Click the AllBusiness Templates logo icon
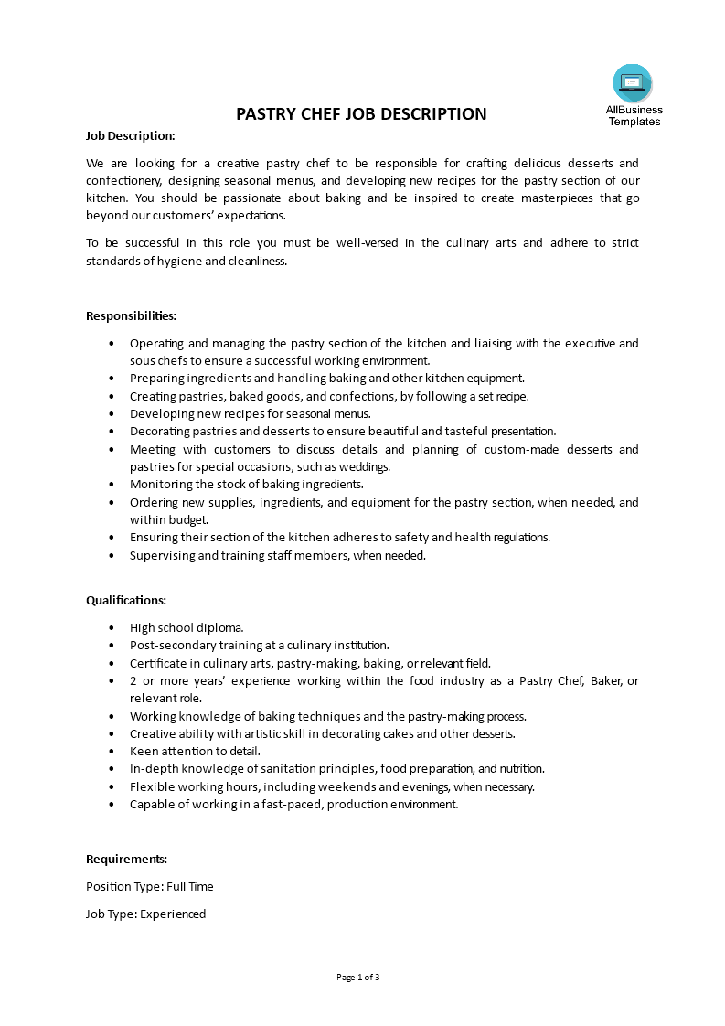tap(633, 83)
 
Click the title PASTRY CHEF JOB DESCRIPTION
tap(362, 114)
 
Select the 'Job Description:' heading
tap(130, 135)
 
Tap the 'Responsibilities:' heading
tap(131, 315)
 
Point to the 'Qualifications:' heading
tap(126, 600)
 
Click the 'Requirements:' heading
tap(126, 859)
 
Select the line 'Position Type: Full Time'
tap(150, 886)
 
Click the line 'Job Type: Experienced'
tap(146, 914)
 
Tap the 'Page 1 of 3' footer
tap(358, 977)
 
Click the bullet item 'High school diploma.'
tap(187, 627)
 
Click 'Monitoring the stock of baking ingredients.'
tap(247, 485)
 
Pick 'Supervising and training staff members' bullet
tap(278, 555)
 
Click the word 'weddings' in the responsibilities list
tap(367, 466)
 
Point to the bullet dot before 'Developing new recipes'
tap(112, 413)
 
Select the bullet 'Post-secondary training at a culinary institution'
tap(260, 645)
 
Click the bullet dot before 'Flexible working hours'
tap(112, 786)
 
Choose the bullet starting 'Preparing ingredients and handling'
tap(326, 378)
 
